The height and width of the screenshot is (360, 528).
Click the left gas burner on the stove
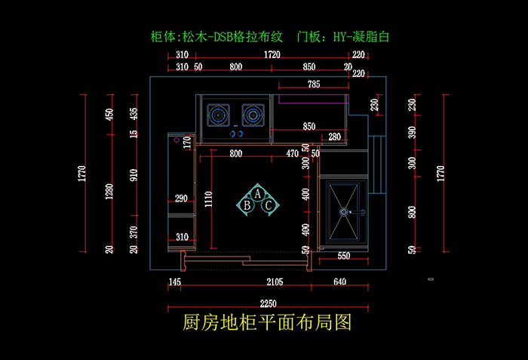pos(219,115)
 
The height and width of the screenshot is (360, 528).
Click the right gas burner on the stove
pos(252,115)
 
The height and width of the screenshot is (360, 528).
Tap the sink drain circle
pos(345,213)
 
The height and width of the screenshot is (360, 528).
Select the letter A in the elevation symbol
pos(257,194)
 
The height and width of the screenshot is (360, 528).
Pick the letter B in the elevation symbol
pos(247,205)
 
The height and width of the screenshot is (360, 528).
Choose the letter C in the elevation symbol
pos(268,205)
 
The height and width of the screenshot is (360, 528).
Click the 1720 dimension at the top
pos(272,55)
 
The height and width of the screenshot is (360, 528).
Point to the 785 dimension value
pos(313,84)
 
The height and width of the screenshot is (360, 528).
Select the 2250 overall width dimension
pos(267,302)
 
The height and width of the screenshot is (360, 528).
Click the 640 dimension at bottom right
pos(339,282)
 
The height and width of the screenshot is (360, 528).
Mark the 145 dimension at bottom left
pos(175,282)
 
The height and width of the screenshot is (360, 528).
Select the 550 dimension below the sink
pos(343,257)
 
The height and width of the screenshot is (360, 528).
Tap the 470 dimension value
pos(293,154)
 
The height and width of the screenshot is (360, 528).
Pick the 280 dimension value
pos(335,137)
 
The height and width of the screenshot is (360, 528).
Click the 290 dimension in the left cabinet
pos(181,198)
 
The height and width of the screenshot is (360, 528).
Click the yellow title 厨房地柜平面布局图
pos(267,324)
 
